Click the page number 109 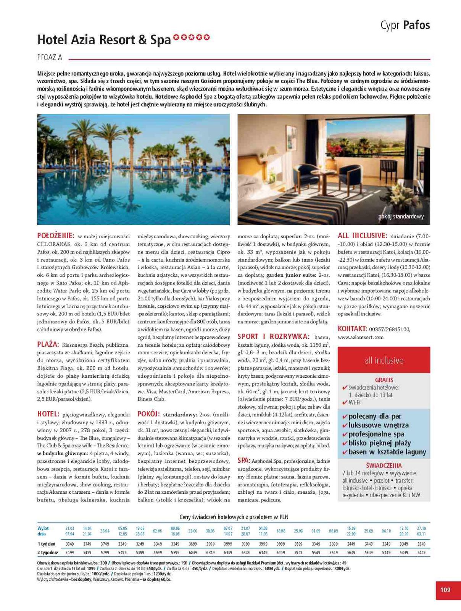tap(445, 590)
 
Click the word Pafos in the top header tap(416, 25)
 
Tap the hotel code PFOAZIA tap(50, 58)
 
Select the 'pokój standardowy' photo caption tap(401, 217)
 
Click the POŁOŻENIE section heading tap(56, 236)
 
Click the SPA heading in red tap(244, 461)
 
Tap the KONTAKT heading tap(352, 328)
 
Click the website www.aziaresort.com tap(361, 337)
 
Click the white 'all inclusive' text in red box tap(384, 360)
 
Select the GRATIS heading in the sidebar tap(384, 380)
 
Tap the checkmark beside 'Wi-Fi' tap(345, 402)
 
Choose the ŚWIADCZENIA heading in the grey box tap(384, 465)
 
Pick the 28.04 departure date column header tap(105, 531)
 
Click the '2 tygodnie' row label tap(48, 552)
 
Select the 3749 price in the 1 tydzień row tap(105, 544)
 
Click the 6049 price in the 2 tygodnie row tap(193, 552)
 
